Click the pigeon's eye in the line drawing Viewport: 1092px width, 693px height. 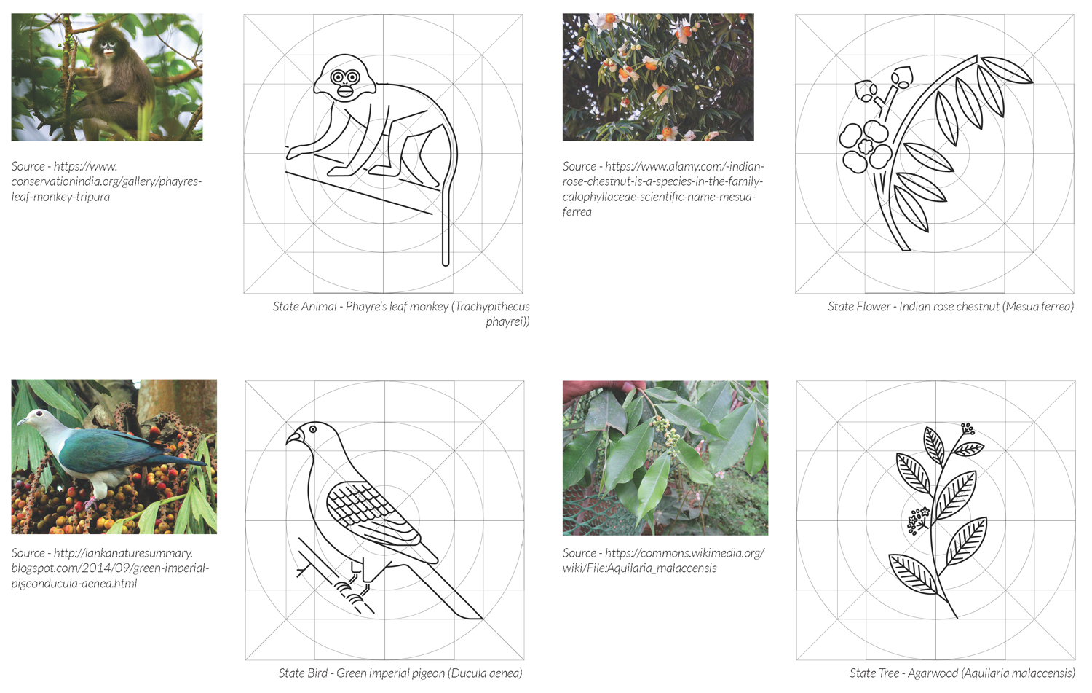[x=312, y=429]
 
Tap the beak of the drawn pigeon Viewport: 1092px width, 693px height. [x=293, y=436]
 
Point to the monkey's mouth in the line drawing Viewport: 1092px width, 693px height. [x=345, y=91]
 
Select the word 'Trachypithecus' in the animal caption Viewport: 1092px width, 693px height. [x=492, y=307]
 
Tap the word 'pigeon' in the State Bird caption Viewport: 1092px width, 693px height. [x=429, y=673]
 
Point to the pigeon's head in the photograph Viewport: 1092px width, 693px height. [x=35, y=419]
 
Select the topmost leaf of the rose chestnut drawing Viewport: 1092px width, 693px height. [x=1006, y=70]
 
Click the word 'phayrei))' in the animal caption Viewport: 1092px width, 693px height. [x=507, y=322]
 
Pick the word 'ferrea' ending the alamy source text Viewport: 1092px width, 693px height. [x=577, y=212]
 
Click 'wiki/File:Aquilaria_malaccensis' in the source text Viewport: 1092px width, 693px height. [x=640, y=568]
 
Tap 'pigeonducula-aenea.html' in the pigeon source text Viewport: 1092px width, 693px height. [x=74, y=583]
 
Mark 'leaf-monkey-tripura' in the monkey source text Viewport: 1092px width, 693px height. [x=60, y=197]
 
